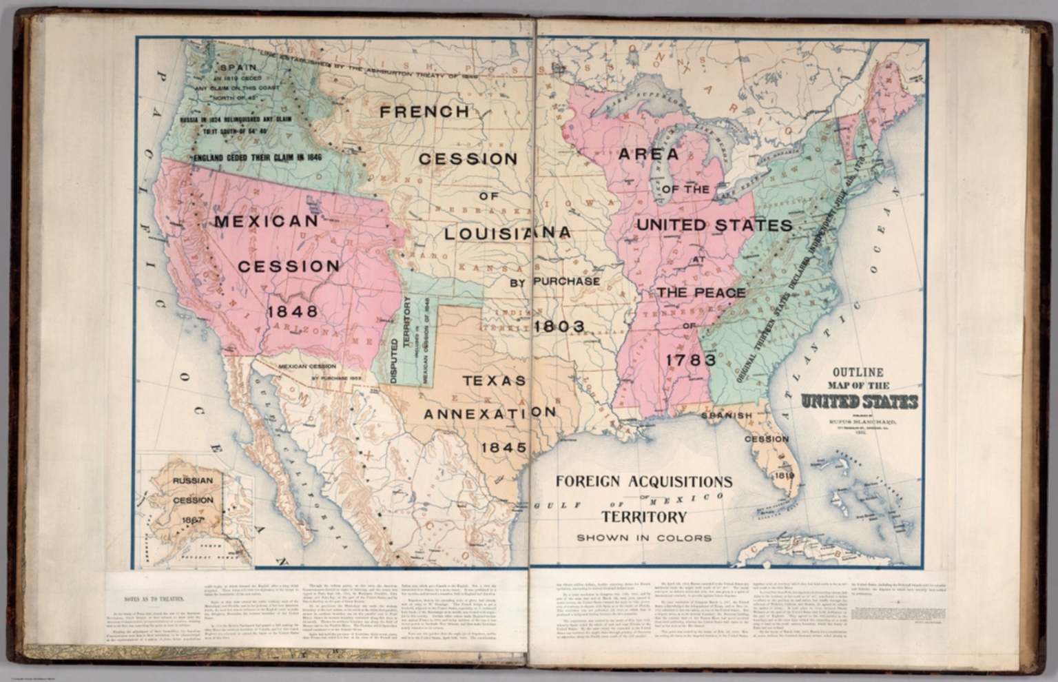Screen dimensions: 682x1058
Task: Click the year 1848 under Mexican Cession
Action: tap(293, 311)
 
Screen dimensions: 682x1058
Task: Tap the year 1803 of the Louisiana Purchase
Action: tap(559, 326)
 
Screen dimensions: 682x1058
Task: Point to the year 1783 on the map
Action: tap(691, 360)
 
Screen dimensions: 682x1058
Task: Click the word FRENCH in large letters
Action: tap(424, 112)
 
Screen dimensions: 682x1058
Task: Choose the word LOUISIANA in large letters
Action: tap(507, 233)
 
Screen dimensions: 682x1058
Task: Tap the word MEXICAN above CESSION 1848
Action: tap(267, 221)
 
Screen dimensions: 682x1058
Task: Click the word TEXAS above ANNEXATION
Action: tap(494, 380)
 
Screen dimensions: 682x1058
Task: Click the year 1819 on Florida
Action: tap(784, 475)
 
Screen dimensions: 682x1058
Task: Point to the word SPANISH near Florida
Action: tap(727, 415)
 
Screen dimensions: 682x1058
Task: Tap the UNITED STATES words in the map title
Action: tap(858, 401)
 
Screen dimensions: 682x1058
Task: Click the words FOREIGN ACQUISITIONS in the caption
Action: tap(644, 481)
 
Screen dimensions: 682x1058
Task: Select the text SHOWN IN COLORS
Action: tap(644, 537)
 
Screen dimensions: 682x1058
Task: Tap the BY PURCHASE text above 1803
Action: tap(554, 281)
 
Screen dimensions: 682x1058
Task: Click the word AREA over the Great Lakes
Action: tap(648, 154)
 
